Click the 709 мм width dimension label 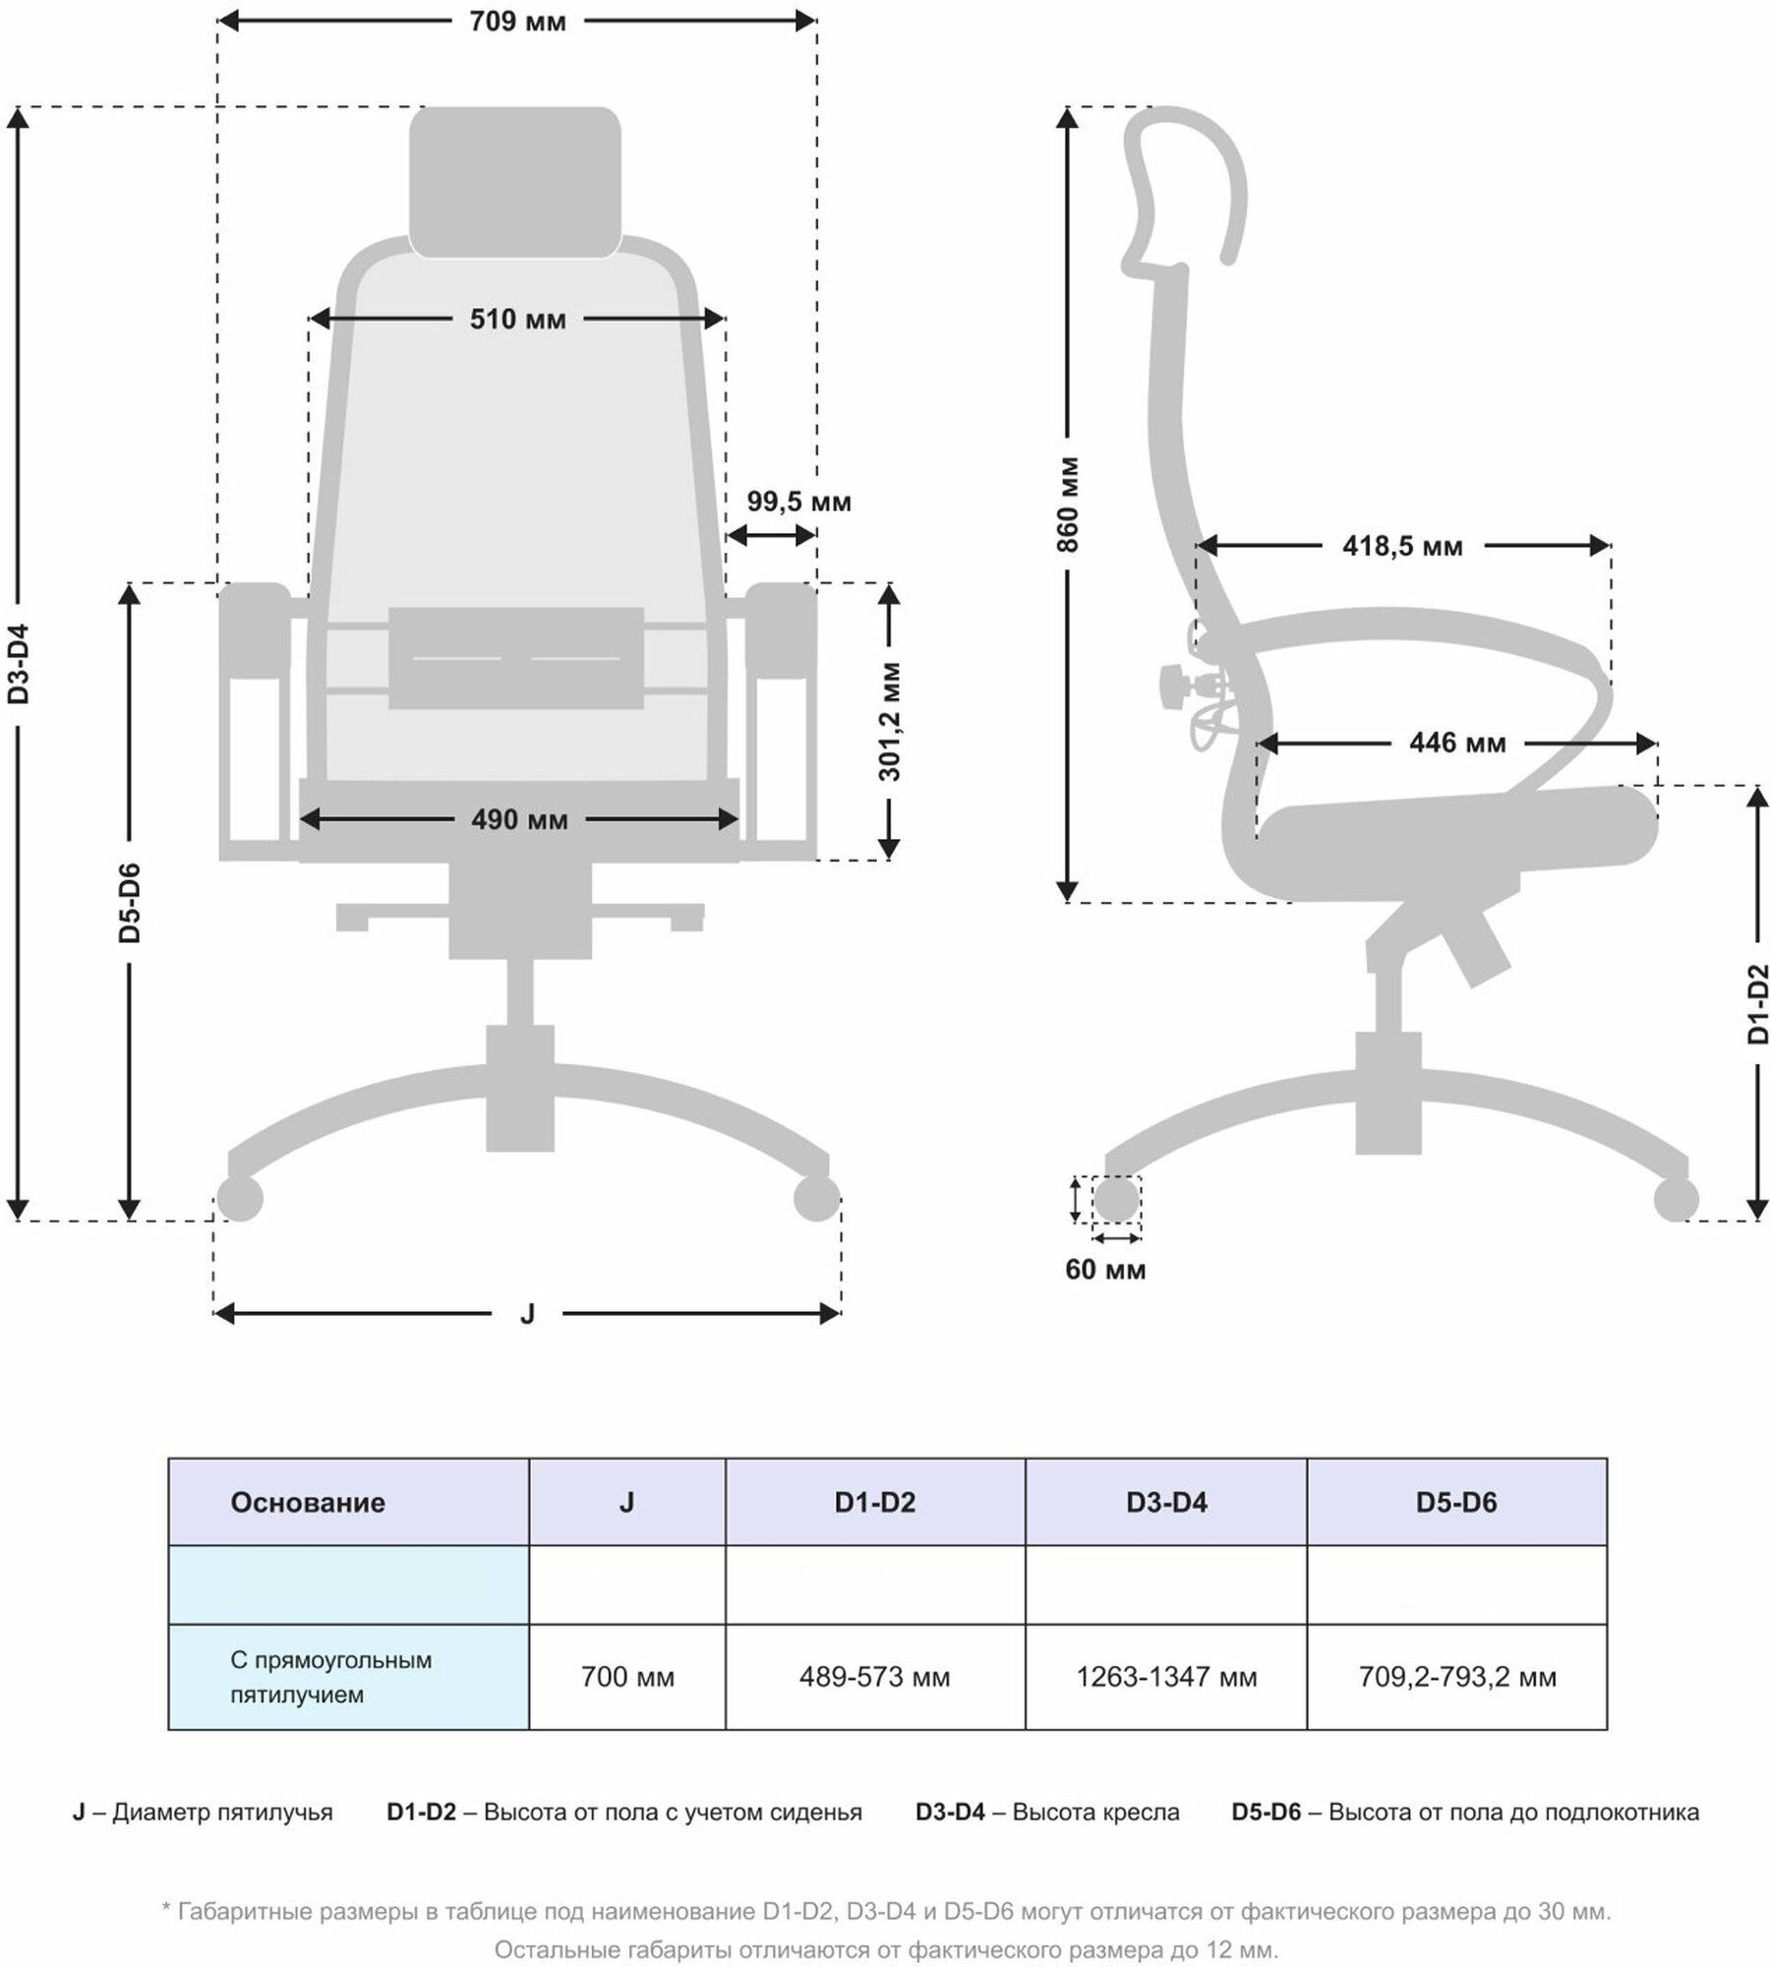point(517,21)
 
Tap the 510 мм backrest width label point(517,320)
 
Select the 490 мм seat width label point(519,819)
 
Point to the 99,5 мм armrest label point(798,502)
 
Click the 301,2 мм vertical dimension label point(889,722)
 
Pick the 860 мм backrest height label point(1069,504)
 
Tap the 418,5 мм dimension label point(1402,546)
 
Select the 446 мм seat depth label point(1456,743)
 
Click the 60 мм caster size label point(1105,1270)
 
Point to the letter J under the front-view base point(527,1313)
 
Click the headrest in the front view point(515,182)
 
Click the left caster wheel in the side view point(1116,1199)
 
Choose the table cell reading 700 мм point(627,1677)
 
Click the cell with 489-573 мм point(874,1677)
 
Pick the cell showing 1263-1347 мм point(1166,1677)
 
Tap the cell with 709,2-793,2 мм point(1457,1677)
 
